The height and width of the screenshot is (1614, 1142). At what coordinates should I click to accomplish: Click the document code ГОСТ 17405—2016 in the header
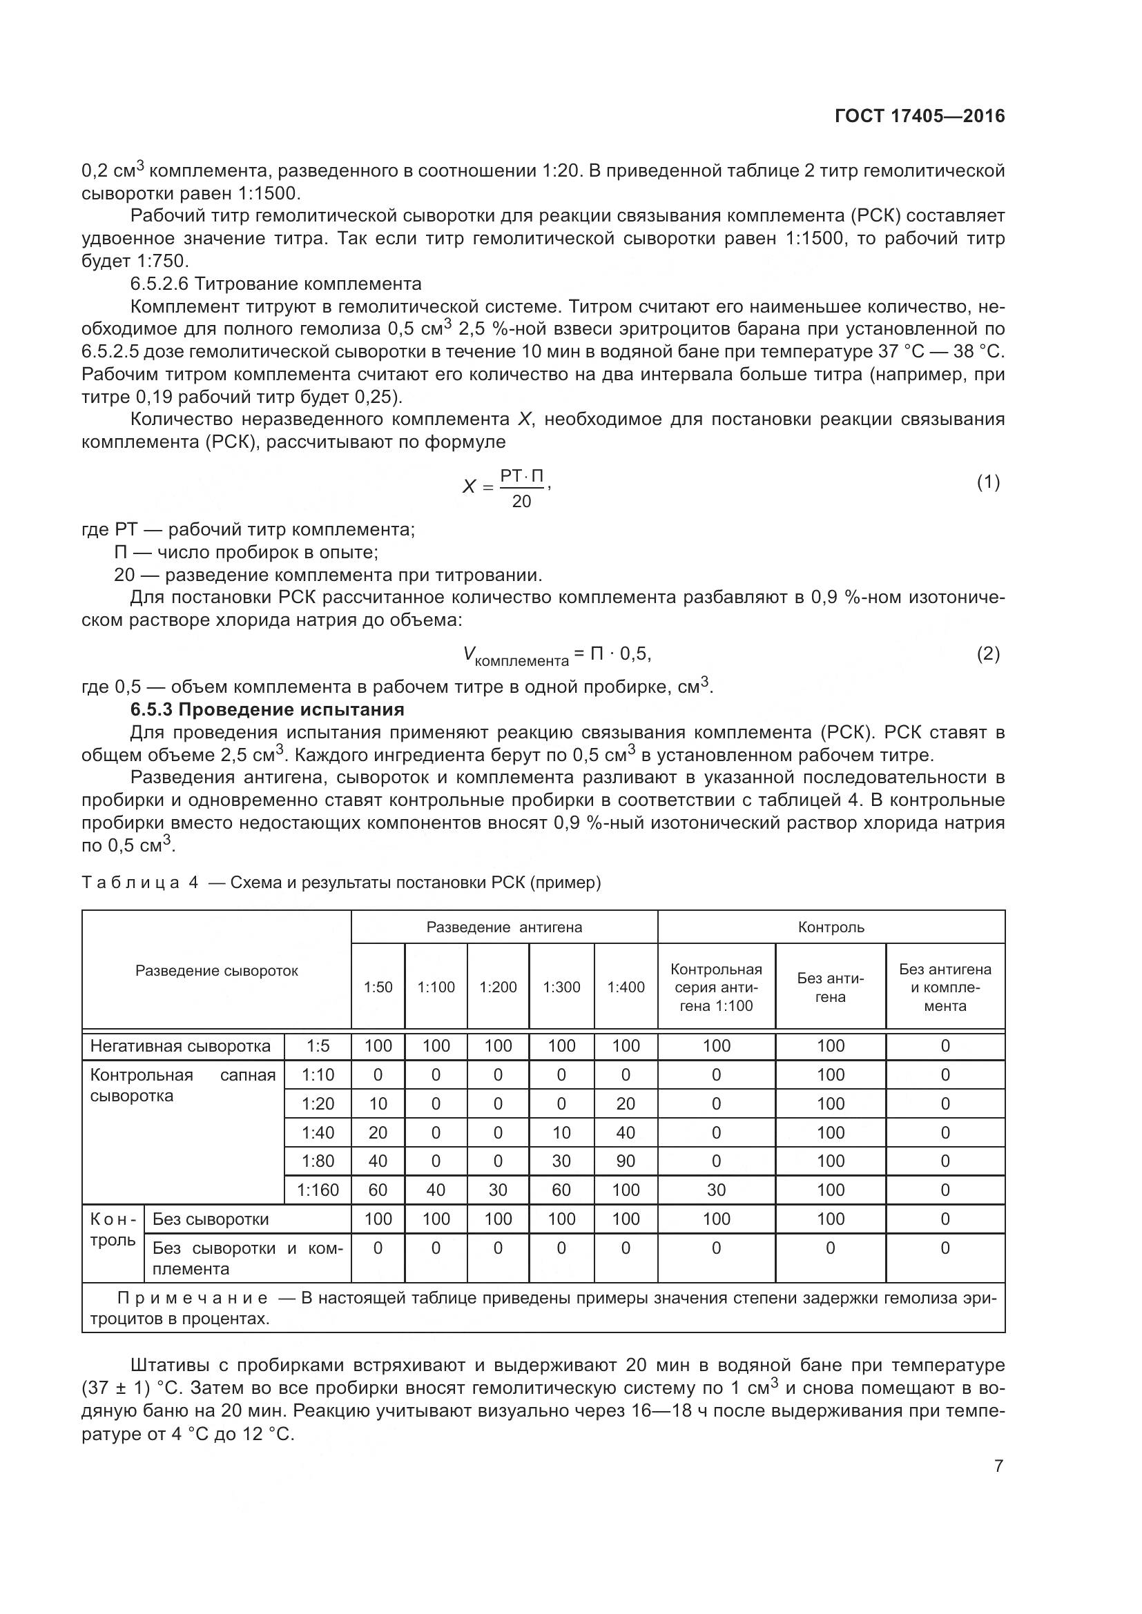(919, 116)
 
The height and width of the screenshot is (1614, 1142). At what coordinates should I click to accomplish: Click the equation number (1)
(988, 482)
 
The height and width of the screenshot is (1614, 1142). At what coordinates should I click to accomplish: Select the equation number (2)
(988, 653)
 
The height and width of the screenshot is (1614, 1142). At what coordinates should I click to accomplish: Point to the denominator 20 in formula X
(521, 501)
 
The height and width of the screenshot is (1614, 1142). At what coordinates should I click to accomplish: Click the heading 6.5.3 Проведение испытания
(267, 709)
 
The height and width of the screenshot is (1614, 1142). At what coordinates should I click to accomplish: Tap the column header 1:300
(561, 987)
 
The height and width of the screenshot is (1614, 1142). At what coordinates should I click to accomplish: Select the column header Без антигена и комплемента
(945, 987)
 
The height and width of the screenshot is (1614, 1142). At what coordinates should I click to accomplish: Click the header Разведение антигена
(504, 927)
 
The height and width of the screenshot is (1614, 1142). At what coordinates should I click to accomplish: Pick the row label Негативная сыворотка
(180, 1046)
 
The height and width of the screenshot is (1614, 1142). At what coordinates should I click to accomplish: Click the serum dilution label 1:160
(318, 1190)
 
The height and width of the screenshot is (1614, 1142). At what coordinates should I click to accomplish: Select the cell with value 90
(625, 1161)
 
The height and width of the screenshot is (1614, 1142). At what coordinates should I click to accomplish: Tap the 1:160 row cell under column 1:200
(498, 1190)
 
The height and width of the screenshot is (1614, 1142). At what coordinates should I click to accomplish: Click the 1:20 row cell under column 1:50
(378, 1103)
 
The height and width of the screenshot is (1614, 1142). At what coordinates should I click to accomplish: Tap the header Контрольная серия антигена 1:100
(716, 987)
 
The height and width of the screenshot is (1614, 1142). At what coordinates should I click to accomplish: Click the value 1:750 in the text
(162, 262)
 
